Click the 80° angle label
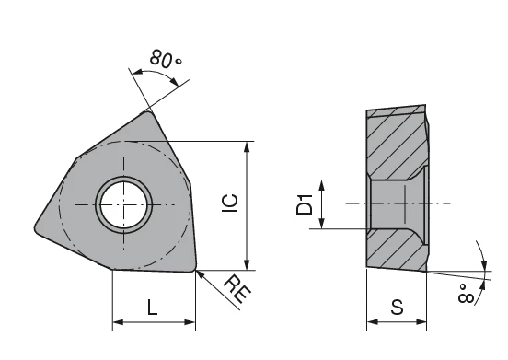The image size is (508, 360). point(166,59)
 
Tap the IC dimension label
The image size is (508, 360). point(230,203)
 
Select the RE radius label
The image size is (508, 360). point(237,288)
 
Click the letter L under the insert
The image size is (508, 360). point(152,308)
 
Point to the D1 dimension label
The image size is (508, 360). point(305,204)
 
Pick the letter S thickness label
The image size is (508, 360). point(397,307)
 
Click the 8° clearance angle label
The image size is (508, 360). point(466,294)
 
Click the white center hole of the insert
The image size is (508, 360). point(123,204)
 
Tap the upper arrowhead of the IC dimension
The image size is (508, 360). point(247,146)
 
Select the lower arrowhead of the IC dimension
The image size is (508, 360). point(247,265)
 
